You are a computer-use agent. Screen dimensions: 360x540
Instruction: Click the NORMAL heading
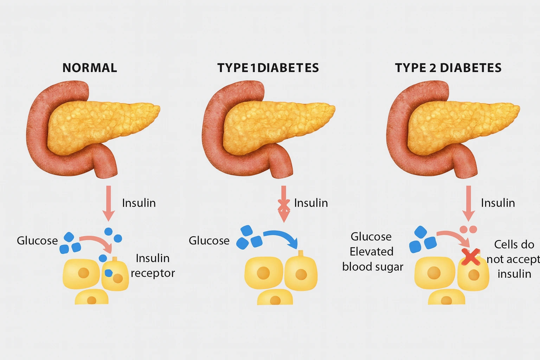[x=90, y=67]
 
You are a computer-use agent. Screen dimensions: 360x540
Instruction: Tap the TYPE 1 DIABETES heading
[x=268, y=67]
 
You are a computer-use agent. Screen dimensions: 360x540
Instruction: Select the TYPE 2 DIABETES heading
[x=448, y=67]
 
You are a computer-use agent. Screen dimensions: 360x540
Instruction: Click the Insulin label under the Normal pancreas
[x=139, y=203]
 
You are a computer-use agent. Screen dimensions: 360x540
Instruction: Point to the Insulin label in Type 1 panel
[x=311, y=203]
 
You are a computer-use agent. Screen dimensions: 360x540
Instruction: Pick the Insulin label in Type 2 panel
[x=497, y=203]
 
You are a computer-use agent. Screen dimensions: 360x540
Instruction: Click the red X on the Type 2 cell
[x=470, y=257]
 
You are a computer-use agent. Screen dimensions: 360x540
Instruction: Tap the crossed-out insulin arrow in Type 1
[x=284, y=204]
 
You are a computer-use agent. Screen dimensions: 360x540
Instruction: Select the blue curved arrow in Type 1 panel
[x=281, y=236]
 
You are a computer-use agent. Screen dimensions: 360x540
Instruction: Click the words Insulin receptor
[x=153, y=265]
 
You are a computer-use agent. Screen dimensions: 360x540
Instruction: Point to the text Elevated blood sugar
[x=372, y=259]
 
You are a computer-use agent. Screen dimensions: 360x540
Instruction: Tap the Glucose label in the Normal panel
[x=37, y=240]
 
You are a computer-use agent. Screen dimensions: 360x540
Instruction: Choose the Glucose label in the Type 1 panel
[x=209, y=240]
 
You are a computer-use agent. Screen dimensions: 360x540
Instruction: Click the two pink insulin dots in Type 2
[x=468, y=229]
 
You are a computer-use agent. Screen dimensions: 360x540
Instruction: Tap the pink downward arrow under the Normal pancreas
[x=109, y=202]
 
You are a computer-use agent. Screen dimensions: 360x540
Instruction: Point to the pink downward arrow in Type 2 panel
[x=468, y=202]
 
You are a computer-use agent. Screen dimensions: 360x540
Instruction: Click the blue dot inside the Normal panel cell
[x=109, y=272]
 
